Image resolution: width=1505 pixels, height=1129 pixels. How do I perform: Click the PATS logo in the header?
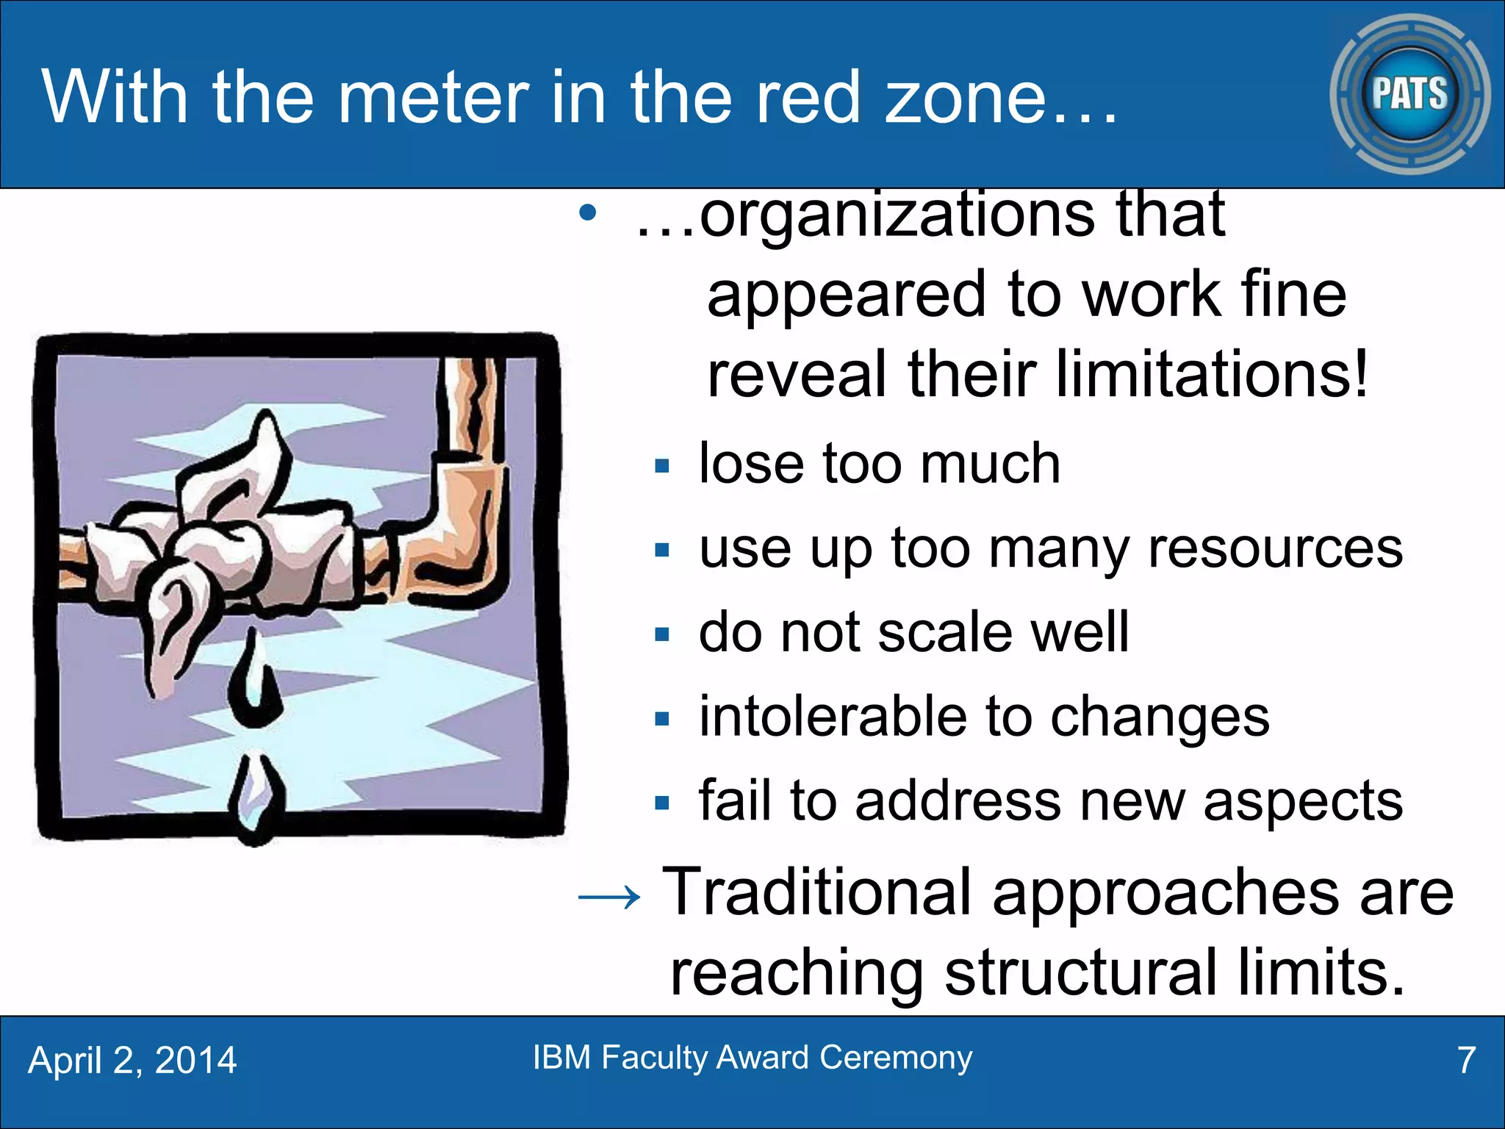tap(1409, 94)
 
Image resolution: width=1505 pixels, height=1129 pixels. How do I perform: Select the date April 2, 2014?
tap(132, 1061)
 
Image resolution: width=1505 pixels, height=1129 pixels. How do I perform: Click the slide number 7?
tap(1466, 1061)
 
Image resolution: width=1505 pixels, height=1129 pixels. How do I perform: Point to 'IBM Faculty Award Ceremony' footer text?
tap(752, 1058)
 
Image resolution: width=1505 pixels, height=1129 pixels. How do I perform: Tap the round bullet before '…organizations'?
tap(587, 214)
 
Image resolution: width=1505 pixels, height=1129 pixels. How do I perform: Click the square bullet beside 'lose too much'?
tap(662, 466)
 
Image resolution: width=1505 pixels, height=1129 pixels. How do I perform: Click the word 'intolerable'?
tap(832, 717)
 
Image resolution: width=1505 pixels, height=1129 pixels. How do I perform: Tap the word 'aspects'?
tap(1303, 801)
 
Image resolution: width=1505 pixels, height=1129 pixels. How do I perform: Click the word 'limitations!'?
tap(1212, 374)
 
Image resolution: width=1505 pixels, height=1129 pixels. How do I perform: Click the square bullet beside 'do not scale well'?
tap(662, 634)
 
